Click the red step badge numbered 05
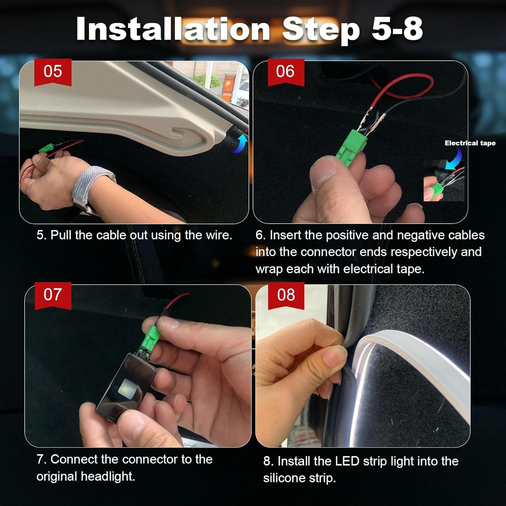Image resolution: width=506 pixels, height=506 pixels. tap(53, 72)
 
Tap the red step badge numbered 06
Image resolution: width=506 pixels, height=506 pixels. tap(285, 72)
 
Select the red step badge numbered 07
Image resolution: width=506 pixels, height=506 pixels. tap(53, 295)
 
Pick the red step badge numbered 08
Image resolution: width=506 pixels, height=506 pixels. tap(286, 295)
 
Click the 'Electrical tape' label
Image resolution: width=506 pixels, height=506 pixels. tap(470, 143)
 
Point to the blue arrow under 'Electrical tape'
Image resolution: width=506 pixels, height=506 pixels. tap(455, 158)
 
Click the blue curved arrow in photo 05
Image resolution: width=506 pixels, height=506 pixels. tap(241, 144)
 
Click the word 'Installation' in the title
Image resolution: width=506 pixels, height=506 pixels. tap(173, 29)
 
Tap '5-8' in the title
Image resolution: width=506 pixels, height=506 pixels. tap(397, 29)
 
